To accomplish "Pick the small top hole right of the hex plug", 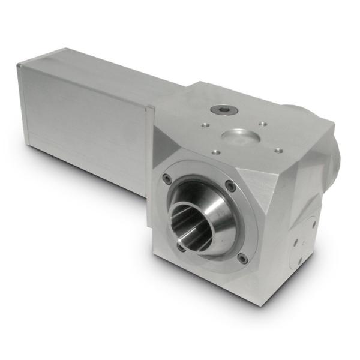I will [x=263, y=124].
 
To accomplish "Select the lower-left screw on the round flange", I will [x=180, y=245].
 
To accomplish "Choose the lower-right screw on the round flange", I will [x=242, y=259].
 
